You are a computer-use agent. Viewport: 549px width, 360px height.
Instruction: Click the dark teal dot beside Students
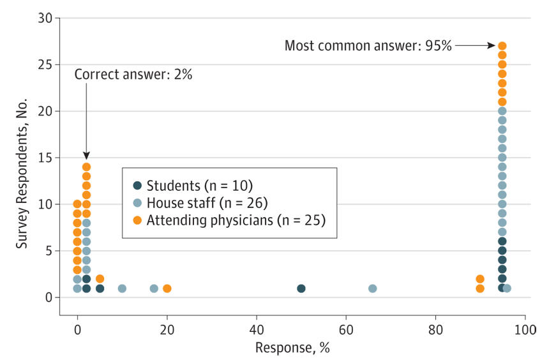point(137,186)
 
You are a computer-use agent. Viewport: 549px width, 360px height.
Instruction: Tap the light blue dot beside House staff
point(137,204)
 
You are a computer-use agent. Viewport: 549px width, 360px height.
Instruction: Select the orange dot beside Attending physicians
point(137,221)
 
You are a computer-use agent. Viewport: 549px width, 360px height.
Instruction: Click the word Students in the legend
point(171,186)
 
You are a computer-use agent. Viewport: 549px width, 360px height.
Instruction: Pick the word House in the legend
point(163,204)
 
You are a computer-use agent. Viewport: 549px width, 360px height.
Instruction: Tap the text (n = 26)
point(245,204)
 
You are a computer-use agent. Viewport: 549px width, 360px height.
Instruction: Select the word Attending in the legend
point(174,221)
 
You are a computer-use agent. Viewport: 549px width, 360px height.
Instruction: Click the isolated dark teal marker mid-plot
point(301,281)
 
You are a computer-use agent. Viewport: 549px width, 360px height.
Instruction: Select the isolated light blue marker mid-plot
point(373,281)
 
